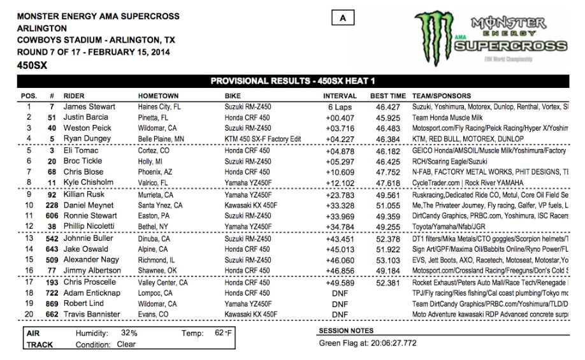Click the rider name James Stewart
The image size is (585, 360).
pos(89,107)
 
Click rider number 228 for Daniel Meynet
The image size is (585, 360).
pos(50,206)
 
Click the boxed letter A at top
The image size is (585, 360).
pos(343,18)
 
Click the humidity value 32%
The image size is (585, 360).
pos(129,333)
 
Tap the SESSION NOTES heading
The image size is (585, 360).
pos(346,331)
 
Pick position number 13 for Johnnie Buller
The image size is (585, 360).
pos(28,238)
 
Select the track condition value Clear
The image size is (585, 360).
pos(126,345)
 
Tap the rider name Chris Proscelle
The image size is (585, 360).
pos(90,282)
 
